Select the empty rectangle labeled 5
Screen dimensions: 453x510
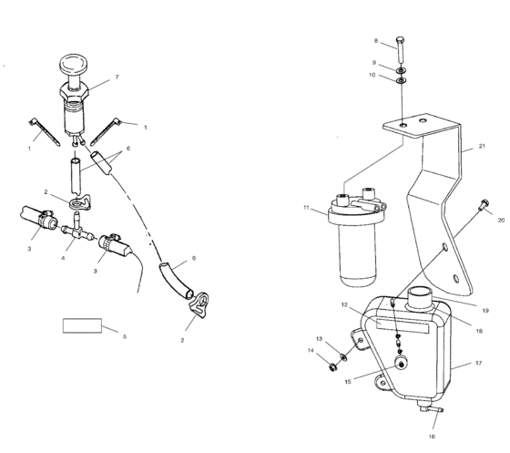(81, 324)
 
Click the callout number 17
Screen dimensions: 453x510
(477, 363)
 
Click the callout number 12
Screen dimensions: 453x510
(346, 306)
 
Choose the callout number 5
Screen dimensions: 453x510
(125, 336)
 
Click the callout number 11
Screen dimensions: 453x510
(307, 209)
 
